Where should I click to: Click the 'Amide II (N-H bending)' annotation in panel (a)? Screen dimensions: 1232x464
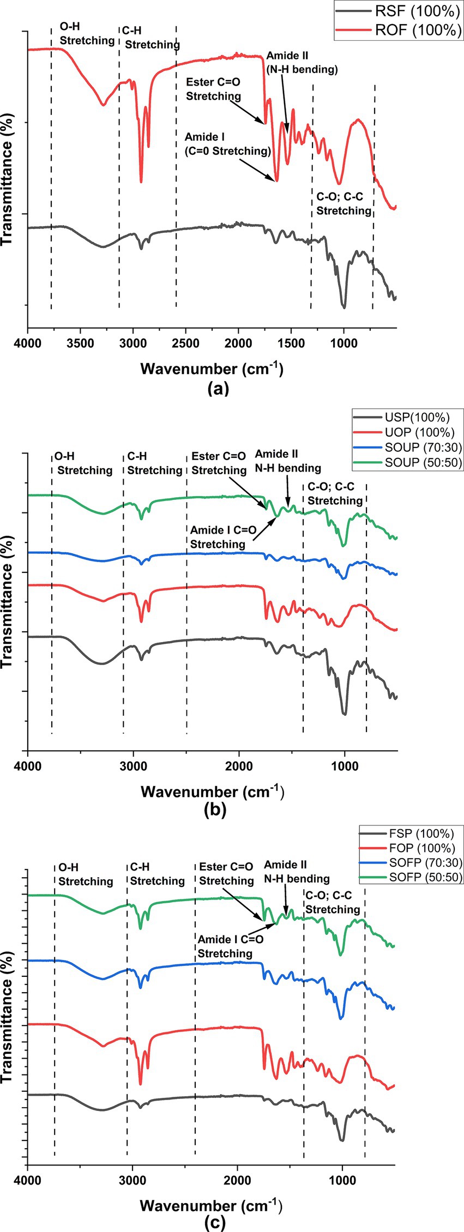click(x=302, y=63)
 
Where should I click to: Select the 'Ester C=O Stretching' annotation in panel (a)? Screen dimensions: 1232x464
click(x=213, y=89)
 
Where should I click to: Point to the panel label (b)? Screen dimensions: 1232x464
click(x=215, y=810)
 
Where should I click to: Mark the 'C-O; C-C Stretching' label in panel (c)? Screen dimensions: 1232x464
click(x=332, y=902)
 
